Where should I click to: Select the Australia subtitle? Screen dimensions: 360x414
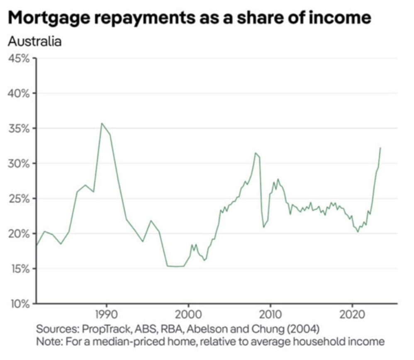coord(35,42)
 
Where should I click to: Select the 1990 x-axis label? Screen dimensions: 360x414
coord(106,314)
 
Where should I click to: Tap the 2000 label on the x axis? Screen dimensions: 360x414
coord(188,314)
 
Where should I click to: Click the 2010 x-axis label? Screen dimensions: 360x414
coord(270,314)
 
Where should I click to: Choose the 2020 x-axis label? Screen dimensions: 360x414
coord(352,314)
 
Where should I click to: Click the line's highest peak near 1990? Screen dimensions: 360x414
coord(102,123)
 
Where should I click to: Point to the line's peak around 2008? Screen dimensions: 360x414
coord(256,153)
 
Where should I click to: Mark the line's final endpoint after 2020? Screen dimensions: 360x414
coord(380,148)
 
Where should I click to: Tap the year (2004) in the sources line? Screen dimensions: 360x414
coord(302,330)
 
